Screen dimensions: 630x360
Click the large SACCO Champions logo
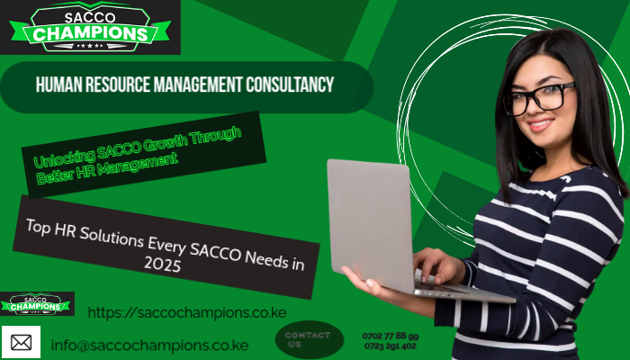tap(90, 27)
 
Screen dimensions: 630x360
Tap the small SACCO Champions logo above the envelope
tap(37, 304)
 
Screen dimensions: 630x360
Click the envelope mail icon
tap(21, 342)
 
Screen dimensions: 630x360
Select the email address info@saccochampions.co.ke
tap(149, 346)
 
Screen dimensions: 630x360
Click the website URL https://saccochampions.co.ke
tap(187, 312)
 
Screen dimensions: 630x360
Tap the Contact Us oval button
tap(310, 339)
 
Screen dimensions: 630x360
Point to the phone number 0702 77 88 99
tap(390, 336)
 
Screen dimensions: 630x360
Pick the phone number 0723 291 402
tap(390, 346)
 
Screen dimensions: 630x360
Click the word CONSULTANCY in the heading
tap(290, 85)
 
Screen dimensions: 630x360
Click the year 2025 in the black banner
tap(162, 264)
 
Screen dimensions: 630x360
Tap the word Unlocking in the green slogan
tap(65, 157)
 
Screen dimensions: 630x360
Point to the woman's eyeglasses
tap(539, 98)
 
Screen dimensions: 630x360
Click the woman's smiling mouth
tap(540, 125)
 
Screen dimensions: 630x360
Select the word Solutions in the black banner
tap(112, 237)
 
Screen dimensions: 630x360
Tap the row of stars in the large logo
tap(89, 46)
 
